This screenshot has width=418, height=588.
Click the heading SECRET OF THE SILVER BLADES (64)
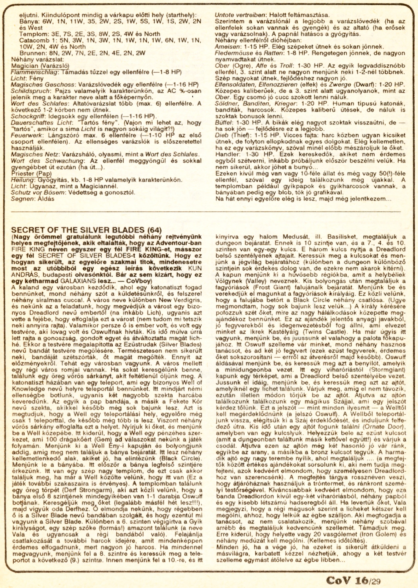click(x=86, y=230)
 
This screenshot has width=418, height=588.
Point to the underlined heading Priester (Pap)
click(x=31, y=174)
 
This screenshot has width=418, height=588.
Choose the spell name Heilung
click(x=22, y=180)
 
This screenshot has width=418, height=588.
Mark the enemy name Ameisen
click(x=225, y=47)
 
